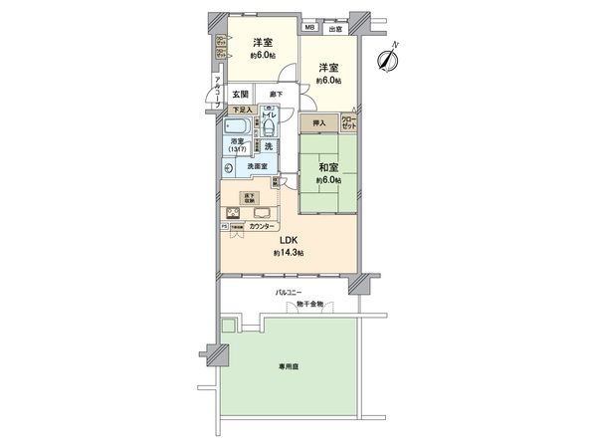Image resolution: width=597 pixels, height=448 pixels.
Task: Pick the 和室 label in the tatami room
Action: click(328, 167)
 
